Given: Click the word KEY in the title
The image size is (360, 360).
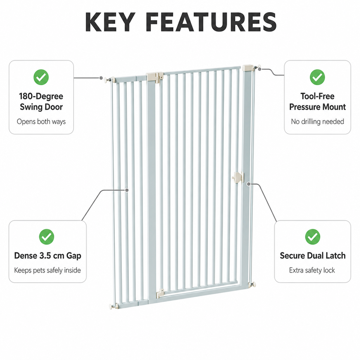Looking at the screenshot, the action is point(110,22).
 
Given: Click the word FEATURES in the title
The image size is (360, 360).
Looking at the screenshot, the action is point(211,22).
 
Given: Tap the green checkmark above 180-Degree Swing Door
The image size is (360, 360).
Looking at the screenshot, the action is point(41,77).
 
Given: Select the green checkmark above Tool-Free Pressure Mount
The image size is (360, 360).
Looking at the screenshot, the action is point(317,77).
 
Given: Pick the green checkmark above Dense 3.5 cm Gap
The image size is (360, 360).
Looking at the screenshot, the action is point(46,237).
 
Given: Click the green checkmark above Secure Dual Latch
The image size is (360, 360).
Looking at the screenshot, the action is point(312,237).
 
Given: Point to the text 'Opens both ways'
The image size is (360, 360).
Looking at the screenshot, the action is point(41,121).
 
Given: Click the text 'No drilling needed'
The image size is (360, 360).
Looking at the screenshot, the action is point(317,121).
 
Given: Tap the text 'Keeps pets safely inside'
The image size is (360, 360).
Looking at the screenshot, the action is point(48,270).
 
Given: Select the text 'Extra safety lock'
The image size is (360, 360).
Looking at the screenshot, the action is point(312,270).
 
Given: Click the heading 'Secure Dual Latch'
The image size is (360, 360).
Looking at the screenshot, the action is point(312,255).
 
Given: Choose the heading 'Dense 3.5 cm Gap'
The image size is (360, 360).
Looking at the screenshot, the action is point(48,256).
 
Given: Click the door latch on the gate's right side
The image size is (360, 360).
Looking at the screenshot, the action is point(238,177).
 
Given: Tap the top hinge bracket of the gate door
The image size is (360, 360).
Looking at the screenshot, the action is point(155,77).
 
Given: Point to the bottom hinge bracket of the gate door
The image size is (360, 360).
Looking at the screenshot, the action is point(160,293).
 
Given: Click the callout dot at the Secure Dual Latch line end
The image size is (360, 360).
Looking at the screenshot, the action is point(248,184).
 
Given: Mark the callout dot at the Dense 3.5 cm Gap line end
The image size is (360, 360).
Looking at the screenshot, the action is point(127,190).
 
